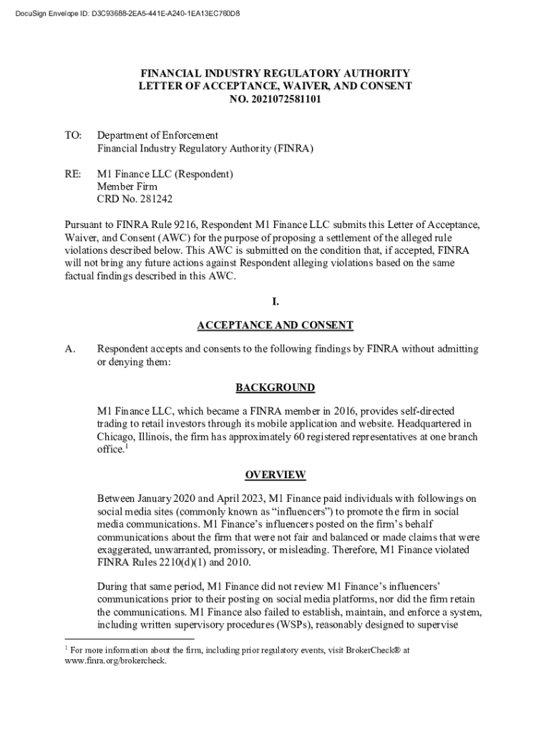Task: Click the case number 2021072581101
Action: point(286,99)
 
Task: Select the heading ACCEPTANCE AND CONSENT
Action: point(275,325)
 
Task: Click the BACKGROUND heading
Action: point(275,387)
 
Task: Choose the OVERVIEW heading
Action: point(275,475)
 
